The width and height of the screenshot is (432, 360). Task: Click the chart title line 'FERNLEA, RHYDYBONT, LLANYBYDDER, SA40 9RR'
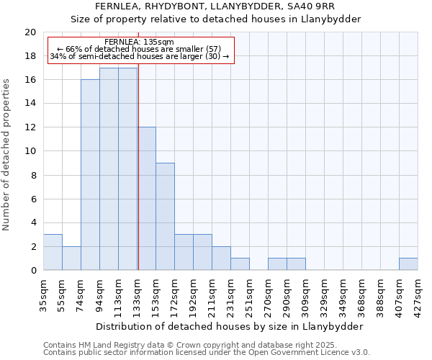click(215, 6)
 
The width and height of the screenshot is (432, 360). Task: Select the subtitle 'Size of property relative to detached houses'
click(215, 19)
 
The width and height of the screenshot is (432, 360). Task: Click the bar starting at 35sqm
click(53, 252)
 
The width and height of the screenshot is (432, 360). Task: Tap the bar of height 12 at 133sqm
click(147, 199)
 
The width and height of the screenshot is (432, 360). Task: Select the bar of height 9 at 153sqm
click(165, 217)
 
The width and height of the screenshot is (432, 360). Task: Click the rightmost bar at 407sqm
click(408, 264)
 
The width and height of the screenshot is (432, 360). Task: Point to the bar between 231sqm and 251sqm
click(240, 264)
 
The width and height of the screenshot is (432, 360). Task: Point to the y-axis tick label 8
click(32, 175)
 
